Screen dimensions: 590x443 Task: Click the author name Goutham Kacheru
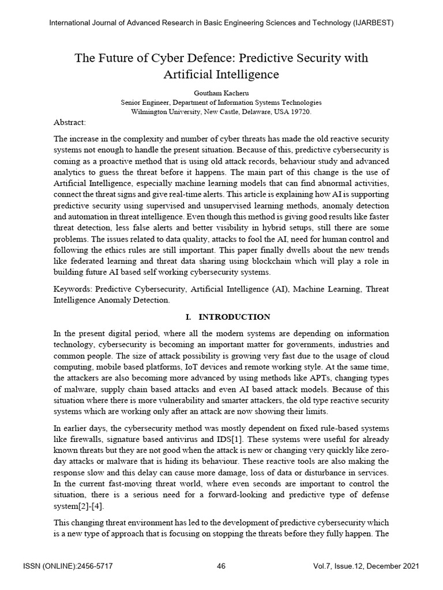(x=221, y=92)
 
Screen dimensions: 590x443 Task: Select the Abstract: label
(x=70, y=123)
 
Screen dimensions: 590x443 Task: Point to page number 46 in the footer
(x=221, y=566)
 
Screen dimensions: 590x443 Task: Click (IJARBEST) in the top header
(x=373, y=22)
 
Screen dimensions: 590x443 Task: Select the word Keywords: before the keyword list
(x=73, y=289)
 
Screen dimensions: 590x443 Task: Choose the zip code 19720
(x=300, y=112)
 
